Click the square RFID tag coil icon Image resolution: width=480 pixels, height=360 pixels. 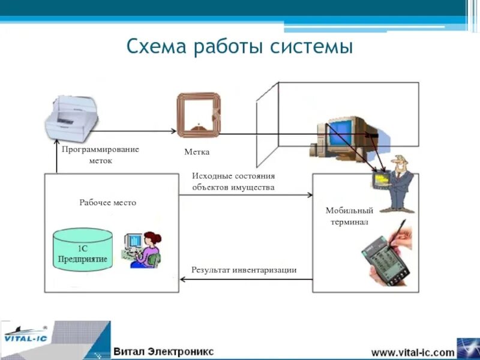click(197, 116)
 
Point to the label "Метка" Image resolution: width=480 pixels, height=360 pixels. click(197, 152)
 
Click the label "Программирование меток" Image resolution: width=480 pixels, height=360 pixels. click(100, 155)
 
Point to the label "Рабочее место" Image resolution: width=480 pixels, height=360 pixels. click(108, 203)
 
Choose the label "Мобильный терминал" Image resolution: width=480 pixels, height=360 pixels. click(349, 216)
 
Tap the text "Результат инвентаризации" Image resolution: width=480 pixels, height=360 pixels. click(244, 270)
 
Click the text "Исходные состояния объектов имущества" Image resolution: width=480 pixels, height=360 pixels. click(233, 182)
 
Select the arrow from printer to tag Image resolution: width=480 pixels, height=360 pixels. click(135, 131)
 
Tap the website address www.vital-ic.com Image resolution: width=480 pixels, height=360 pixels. click(413, 352)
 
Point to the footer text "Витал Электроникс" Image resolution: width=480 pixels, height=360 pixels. click(163, 351)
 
